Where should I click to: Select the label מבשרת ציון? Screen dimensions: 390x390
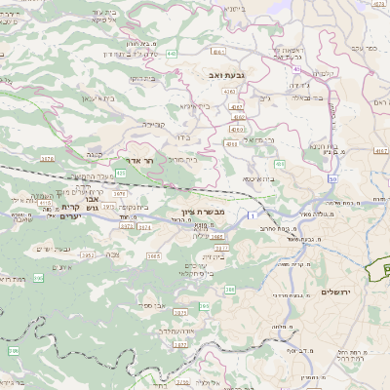(x=203, y=211)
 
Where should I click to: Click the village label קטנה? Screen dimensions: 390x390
(x=94, y=153)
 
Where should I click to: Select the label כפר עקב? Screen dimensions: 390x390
(x=362, y=46)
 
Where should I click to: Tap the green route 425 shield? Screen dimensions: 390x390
(x=120, y=173)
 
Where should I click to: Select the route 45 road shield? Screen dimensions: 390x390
(x=295, y=69)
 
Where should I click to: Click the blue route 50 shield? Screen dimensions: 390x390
(x=333, y=179)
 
